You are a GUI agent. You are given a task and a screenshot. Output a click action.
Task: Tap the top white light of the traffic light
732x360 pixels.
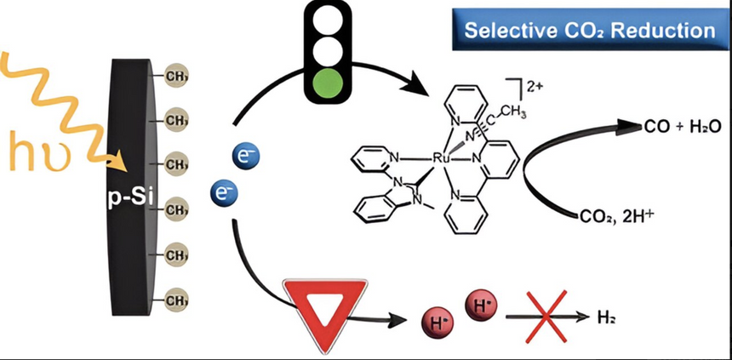click(328, 25)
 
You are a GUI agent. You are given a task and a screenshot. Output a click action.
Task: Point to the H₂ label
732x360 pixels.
click(603, 317)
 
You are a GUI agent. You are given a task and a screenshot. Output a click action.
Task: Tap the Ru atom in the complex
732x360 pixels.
click(440, 157)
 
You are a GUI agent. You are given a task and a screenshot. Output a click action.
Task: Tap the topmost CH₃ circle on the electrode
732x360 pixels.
click(175, 75)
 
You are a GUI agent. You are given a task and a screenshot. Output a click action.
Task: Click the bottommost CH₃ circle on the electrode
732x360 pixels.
click(175, 300)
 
